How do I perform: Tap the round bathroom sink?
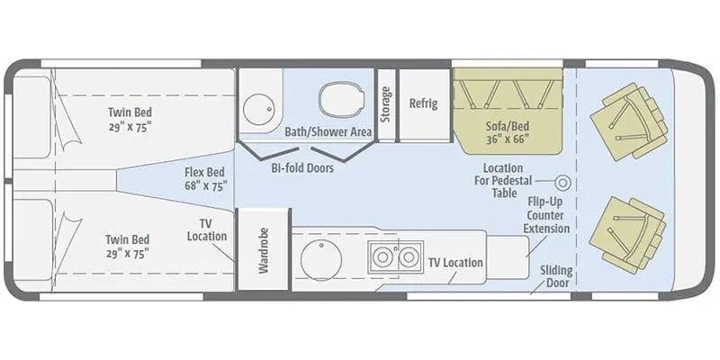[x=254, y=107]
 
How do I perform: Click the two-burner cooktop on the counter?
[x=396, y=257]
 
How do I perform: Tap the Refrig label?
[x=423, y=103]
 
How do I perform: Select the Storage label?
[x=386, y=103]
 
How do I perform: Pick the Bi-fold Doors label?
[x=302, y=168]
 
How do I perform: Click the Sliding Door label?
[x=555, y=277]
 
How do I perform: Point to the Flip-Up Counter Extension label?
[x=548, y=215]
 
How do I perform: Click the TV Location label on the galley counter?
[x=455, y=263]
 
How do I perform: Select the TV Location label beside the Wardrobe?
[x=207, y=229]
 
